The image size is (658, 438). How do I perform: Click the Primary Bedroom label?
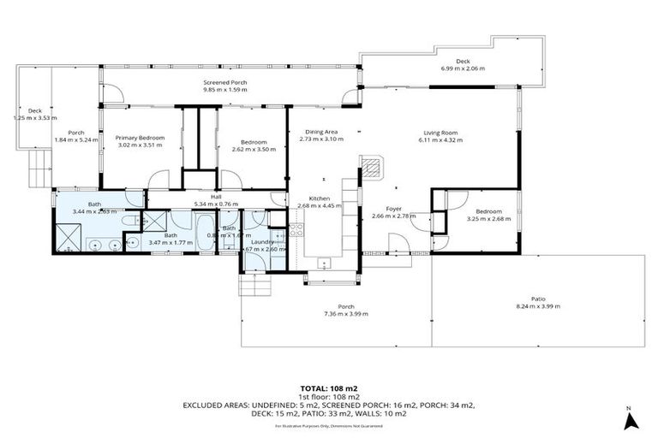pyautogui.click(x=140, y=137)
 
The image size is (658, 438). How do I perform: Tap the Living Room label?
pyautogui.click(x=440, y=133)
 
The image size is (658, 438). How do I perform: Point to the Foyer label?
pyautogui.click(x=393, y=209)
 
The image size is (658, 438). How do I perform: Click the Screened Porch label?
pyautogui.click(x=225, y=82)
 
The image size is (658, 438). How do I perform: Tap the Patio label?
pyautogui.click(x=537, y=299)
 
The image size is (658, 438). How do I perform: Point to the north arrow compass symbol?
pyautogui.click(x=630, y=420)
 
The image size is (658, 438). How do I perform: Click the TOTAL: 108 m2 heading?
pyautogui.click(x=328, y=388)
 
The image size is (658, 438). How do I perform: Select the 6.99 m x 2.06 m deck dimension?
pyautogui.click(x=463, y=68)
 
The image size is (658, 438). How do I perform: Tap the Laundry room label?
pyautogui.click(x=262, y=242)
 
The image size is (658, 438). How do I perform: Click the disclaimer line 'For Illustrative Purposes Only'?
pyautogui.click(x=328, y=425)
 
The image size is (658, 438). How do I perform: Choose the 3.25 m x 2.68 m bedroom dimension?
pyautogui.click(x=488, y=219)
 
